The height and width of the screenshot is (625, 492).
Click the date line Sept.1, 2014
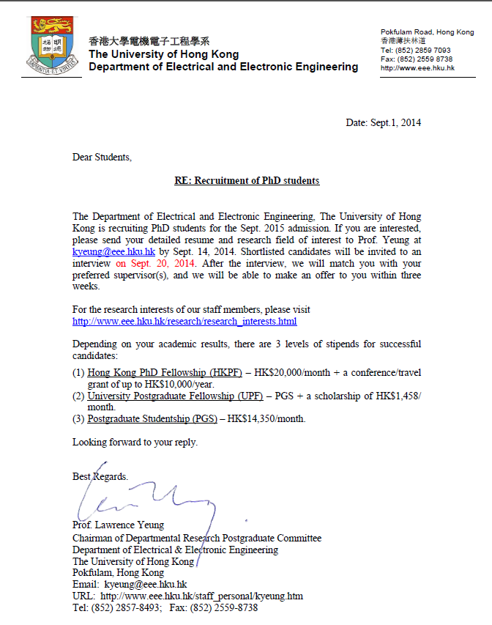(383, 122)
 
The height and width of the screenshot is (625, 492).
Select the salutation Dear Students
(102, 157)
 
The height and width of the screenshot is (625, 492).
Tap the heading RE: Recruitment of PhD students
(247, 180)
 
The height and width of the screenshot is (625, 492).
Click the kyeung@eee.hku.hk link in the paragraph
(113, 250)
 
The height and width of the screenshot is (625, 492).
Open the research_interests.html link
(184, 321)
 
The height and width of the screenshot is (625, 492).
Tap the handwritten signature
(146, 498)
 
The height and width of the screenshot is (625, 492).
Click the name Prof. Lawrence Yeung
(118, 525)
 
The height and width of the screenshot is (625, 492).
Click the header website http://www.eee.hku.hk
(417, 68)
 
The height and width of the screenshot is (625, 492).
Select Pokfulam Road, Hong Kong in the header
(427, 32)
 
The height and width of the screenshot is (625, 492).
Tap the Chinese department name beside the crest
(149, 41)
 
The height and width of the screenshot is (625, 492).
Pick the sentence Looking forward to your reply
(135, 442)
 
